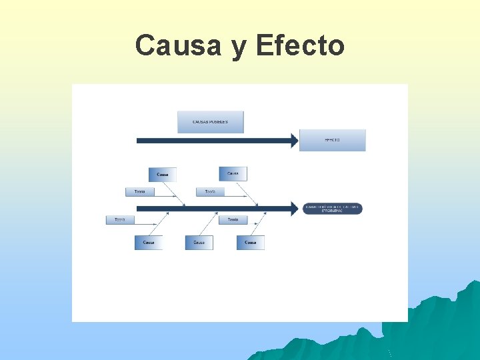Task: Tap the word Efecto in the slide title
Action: pos(300,45)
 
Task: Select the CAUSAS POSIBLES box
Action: pos(211,122)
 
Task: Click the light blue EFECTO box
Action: pos(332,140)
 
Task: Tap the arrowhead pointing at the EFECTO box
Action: pos(294,140)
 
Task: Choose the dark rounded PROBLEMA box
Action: pos(333,209)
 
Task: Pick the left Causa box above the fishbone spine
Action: pos(163,174)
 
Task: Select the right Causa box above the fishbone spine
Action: pos(233,173)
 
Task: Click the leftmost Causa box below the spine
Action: pos(149,243)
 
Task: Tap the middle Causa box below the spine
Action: pos(199,243)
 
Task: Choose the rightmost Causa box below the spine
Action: pos(251,243)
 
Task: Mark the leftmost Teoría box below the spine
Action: pos(120,219)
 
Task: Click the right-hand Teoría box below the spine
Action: pos(233,219)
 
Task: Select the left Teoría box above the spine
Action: pos(140,192)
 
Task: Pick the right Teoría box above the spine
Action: pos(210,192)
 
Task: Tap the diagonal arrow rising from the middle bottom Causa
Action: pos(209,224)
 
